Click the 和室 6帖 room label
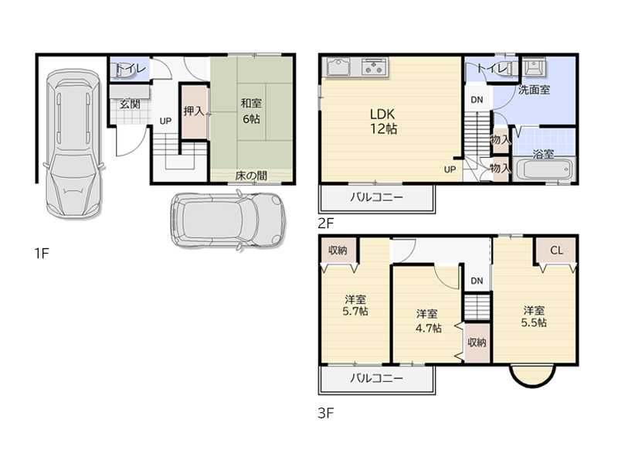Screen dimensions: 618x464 point(251,111)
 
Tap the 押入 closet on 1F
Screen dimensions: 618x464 point(194,111)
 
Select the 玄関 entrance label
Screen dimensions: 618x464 point(130,104)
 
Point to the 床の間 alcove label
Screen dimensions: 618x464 point(251,176)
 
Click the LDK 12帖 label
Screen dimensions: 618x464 point(383,121)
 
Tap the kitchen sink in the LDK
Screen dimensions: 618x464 point(338,67)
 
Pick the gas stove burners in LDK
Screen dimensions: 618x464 point(374,67)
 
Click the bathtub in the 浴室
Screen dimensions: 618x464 point(544,170)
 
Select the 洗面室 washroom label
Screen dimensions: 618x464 point(534,90)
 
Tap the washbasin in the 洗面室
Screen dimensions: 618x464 point(534,67)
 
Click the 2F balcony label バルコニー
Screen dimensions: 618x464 point(377,197)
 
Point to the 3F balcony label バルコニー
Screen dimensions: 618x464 point(377,378)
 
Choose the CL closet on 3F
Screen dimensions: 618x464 point(556,250)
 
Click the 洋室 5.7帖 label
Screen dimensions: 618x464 point(355,305)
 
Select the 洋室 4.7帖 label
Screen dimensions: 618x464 point(428,321)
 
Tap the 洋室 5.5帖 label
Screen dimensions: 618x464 point(534,316)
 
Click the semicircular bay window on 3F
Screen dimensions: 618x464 point(533,381)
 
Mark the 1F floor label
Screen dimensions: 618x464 point(42,253)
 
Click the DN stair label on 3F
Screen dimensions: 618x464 point(477,281)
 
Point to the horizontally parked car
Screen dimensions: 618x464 point(228,220)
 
